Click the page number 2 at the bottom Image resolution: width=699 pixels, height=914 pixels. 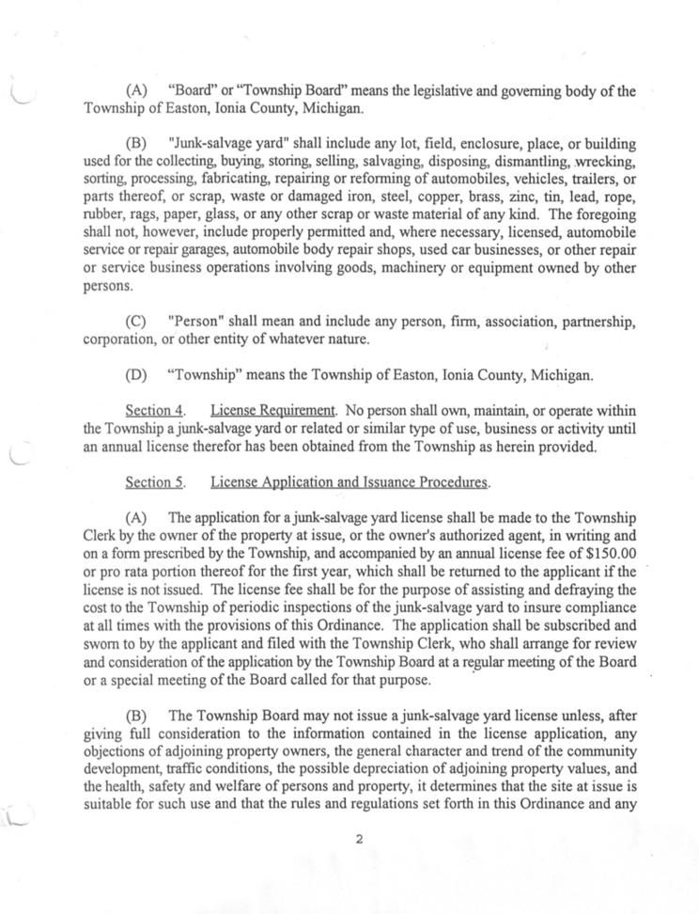pyautogui.click(x=359, y=840)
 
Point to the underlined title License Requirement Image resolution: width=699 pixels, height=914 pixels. pyautogui.click(x=272, y=410)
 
